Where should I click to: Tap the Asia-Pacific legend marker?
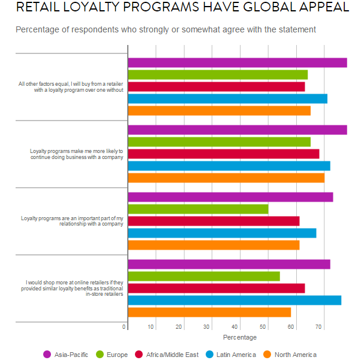(47, 355)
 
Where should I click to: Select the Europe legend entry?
(112, 355)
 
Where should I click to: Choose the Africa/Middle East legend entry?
(166, 355)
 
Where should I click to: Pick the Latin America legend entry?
(230, 355)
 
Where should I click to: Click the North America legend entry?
(290, 355)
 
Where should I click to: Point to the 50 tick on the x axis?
(263, 327)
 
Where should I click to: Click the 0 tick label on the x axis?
(124, 327)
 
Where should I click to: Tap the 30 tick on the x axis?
(207, 327)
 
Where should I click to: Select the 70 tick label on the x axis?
(318, 327)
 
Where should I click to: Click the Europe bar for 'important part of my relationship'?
(198, 209)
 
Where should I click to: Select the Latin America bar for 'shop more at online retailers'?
(234, 300)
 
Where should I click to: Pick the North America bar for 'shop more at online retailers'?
(209, 312)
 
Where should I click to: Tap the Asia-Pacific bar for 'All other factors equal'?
(237, 62)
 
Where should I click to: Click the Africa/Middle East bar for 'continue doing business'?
(224, 154)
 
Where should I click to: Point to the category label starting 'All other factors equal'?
(71, 87)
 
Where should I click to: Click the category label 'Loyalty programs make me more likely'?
(76, 154)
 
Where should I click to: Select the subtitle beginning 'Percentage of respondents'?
(166, 29)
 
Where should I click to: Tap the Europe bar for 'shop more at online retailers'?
(204, 276)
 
